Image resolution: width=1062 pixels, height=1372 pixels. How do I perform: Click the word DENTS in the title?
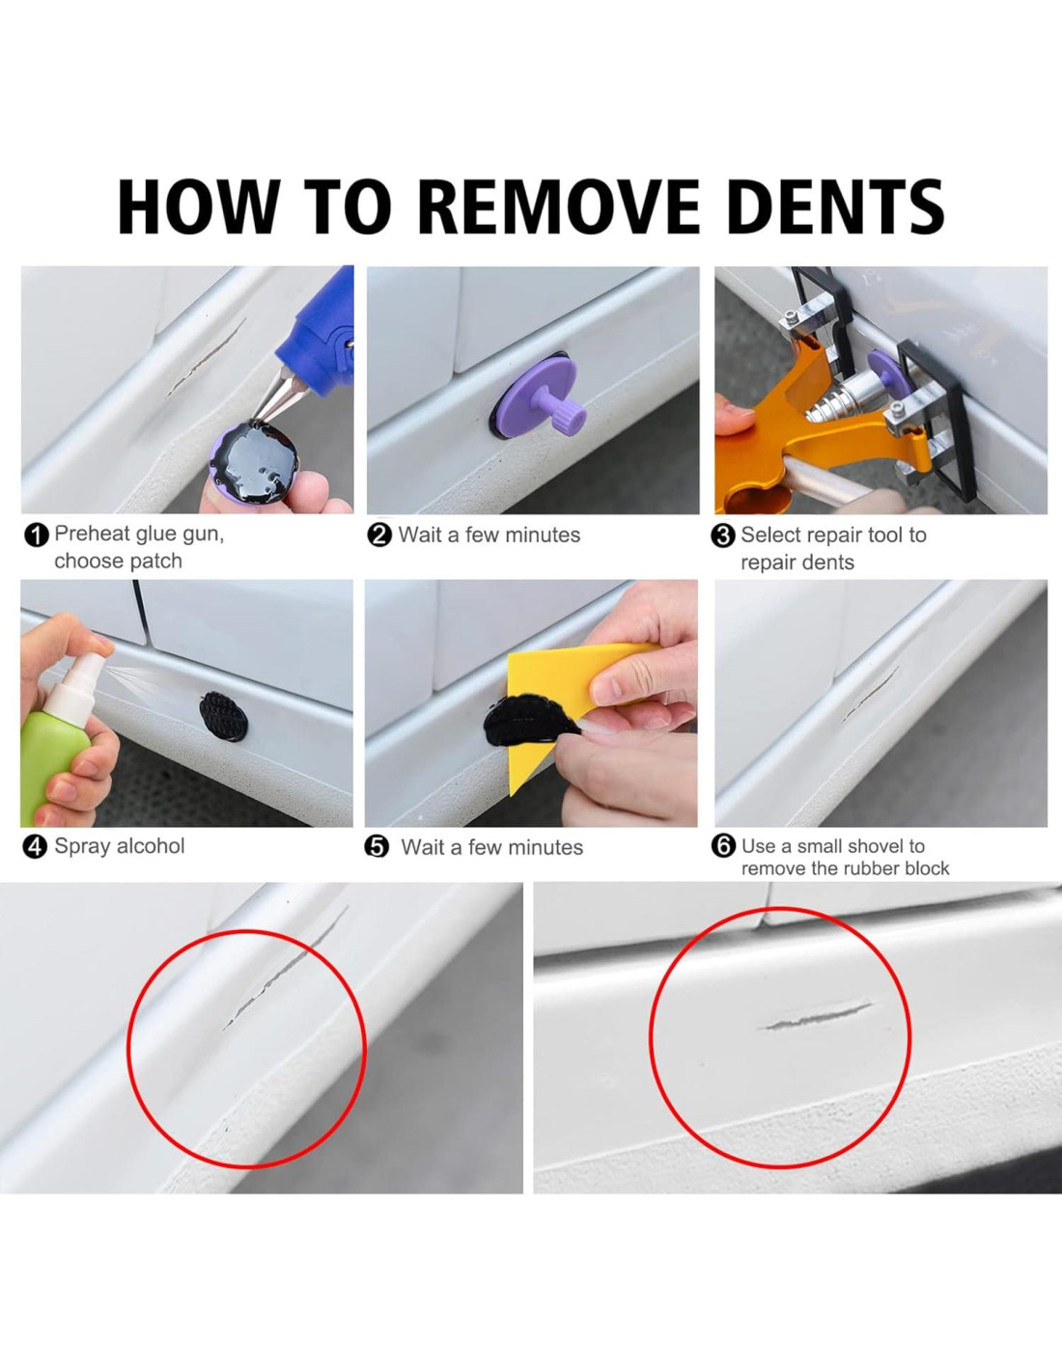click(836, 206)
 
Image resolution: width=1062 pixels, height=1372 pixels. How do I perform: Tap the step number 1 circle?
click(36, 535)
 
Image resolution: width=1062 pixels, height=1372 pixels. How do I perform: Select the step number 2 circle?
click(379, 536)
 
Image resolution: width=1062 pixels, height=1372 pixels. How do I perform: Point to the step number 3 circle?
click(723, 536)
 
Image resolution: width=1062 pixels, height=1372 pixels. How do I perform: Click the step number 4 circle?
click(35, 847)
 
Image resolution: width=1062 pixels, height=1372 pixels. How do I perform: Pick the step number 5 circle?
click(377, 847)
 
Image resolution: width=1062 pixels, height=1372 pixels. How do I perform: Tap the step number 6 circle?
click(723, 845)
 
